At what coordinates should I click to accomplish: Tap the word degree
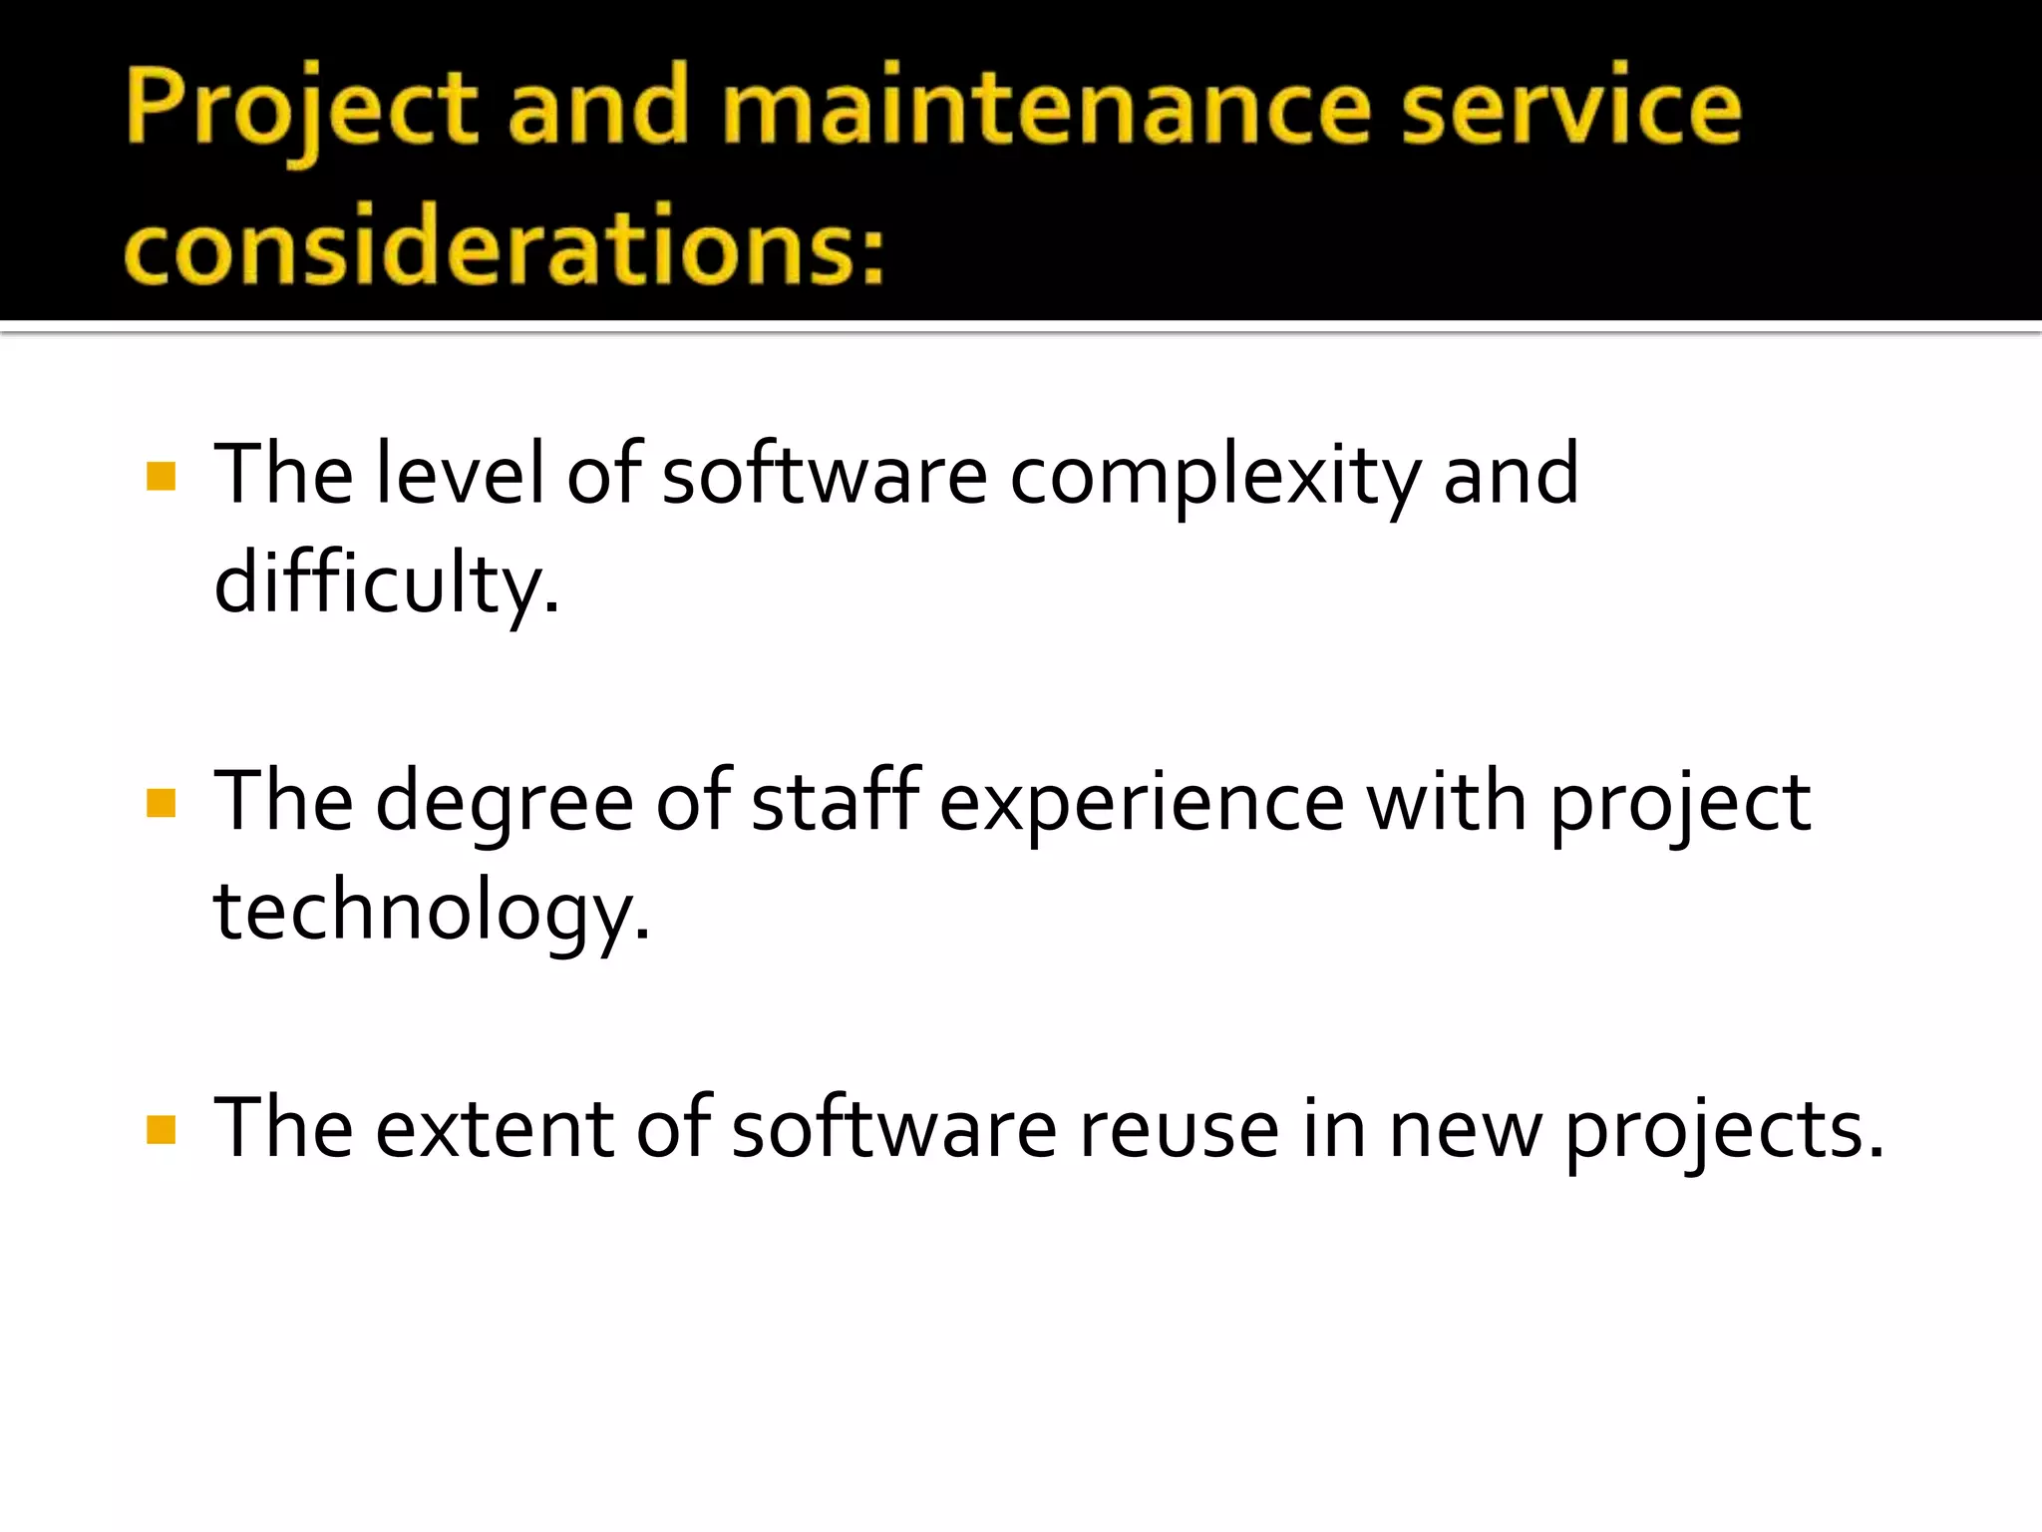point(504,804)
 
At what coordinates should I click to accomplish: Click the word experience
point(1141,804)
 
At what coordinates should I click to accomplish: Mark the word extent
point(495,1129)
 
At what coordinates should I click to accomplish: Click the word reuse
point(1179,1131)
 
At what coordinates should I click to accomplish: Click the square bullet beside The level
point(162,476)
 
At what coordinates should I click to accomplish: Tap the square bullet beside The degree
point(162,803)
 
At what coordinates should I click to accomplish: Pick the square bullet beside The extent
point(162,1130)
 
